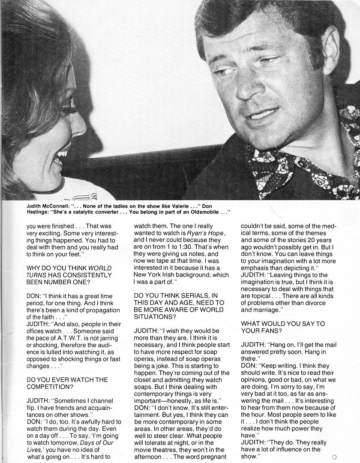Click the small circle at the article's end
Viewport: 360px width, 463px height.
click(346, 457)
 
